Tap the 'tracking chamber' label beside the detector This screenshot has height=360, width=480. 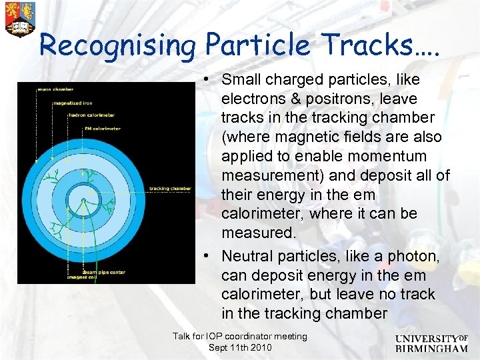click(x=170, y=189)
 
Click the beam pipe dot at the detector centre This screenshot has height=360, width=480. click(x=83, y=199)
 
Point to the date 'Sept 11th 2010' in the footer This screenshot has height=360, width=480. click(x=240, y=348)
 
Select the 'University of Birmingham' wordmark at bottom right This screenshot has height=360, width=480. click(x=431, y=343)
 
